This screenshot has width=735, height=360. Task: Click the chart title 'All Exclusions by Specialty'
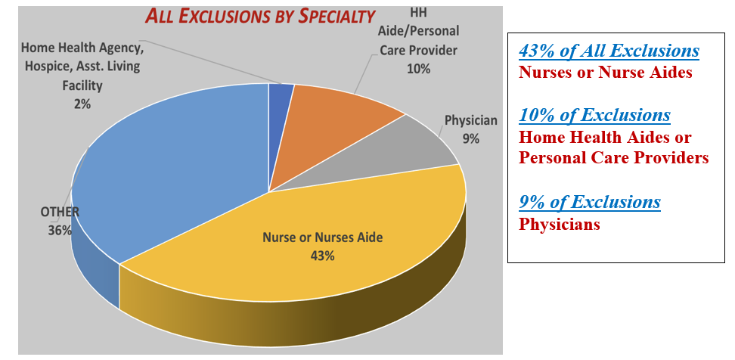click(260, 16)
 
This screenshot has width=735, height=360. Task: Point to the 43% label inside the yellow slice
click(321, 256)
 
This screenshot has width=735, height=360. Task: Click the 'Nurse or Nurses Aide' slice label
click(322, 237)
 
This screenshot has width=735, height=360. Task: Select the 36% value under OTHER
click(60, 231)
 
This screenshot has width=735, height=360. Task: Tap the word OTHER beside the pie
click(60, 213)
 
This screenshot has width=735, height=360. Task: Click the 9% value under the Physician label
click(470, 138)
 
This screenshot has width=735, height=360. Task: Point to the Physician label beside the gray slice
click(470, 120)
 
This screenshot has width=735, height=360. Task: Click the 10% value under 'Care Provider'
click(418, 69)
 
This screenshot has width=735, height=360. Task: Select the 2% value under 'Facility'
click(82, 104)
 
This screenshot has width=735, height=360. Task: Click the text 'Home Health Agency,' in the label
click(82, 48)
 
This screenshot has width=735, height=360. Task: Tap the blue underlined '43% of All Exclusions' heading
click(609, 51)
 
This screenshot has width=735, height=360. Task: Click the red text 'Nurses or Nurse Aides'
click(605, 73)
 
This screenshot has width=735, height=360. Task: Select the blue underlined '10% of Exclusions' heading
click(594, 115)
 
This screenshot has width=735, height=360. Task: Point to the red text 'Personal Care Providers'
click(613, 158)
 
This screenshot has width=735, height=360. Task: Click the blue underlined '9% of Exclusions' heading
click(589, 202)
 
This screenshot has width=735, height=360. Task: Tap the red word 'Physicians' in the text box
click(560, 224)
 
